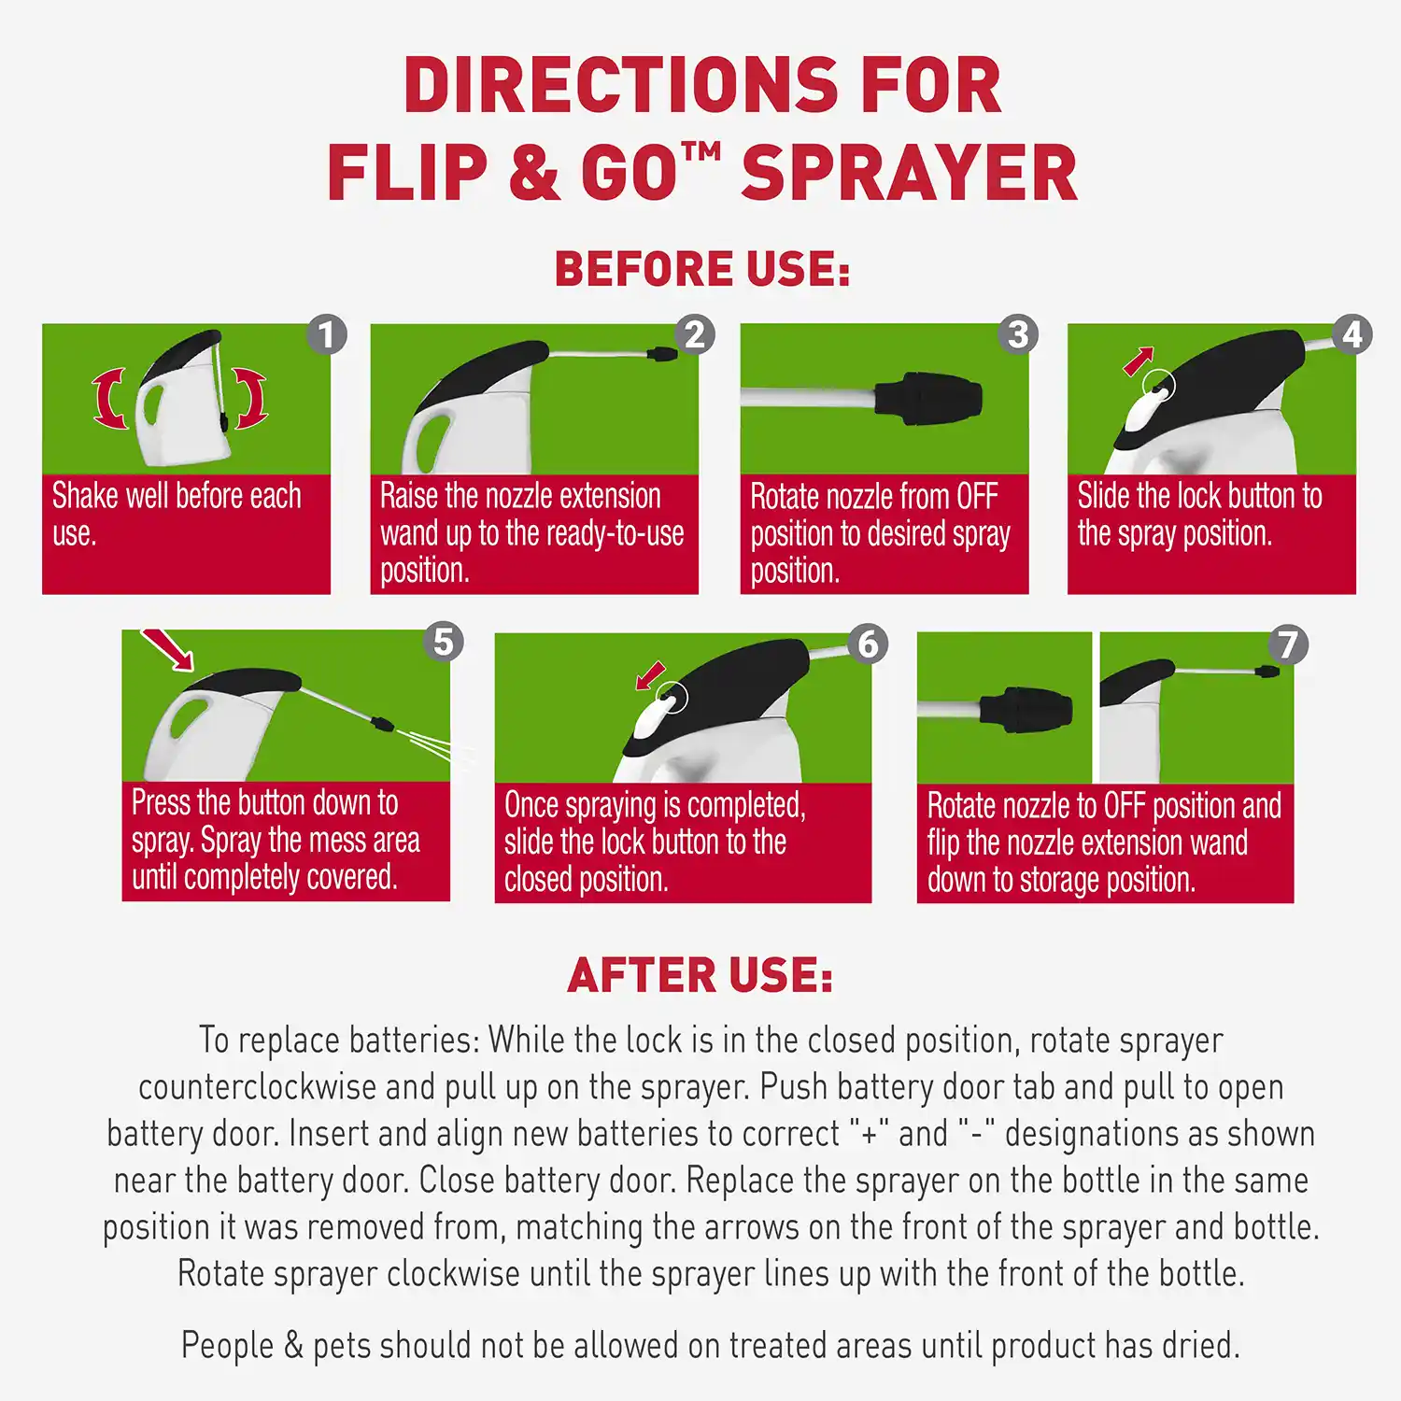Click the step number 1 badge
(326, 334)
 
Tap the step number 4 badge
(1352, 334)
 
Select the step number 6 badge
(868, 644)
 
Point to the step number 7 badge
(1288, 644)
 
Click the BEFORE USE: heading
(702, 269)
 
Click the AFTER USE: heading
(700, 976)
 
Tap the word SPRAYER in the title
(909, 174)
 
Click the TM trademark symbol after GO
(701, 150)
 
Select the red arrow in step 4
(1139, 361)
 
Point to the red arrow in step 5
(167, 649)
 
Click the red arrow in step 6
(650, 675)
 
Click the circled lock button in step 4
(1158, 385)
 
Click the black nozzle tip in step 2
(661, 354)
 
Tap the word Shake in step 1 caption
(85, 496)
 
